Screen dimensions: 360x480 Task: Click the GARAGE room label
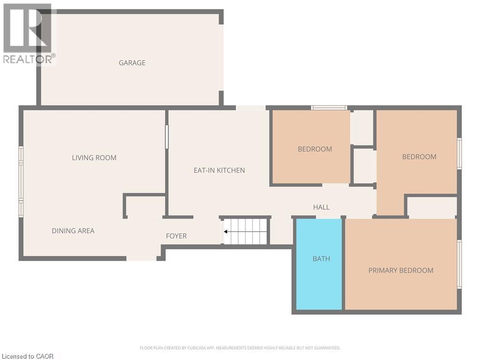click(132, 63)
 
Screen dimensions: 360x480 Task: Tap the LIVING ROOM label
click(94, 158)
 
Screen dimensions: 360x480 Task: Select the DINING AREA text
click(73, 231)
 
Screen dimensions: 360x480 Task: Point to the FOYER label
click(176, 236)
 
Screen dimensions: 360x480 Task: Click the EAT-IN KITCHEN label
click(219, 170)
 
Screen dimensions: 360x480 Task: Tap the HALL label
click(321, 207)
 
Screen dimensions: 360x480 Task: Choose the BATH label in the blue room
click(321, 259)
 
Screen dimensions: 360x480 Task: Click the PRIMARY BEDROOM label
click(401, 270)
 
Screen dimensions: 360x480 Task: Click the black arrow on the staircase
click(226, 232)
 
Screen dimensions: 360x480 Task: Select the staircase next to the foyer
click(246, 232)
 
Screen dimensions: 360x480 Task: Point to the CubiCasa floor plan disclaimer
click(240, 348)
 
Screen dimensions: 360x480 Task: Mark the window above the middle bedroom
click(329, 108)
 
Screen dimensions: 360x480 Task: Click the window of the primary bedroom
click(459, 264)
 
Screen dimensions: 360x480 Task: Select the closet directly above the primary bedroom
click(432, 207)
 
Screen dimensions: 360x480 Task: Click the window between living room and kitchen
click(166, 137)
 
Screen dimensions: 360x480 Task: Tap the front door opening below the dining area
click(142, 258)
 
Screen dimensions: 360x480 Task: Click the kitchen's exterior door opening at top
click(250, 108)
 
